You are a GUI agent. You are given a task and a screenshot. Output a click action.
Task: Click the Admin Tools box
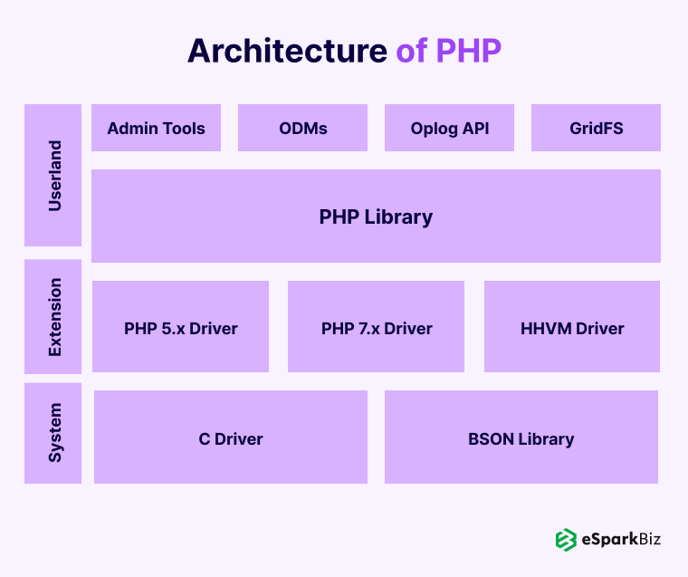click(157, 128)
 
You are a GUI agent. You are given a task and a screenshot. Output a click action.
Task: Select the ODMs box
click(302, 128)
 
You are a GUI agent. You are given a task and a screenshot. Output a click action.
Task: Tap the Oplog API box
click(449, 128)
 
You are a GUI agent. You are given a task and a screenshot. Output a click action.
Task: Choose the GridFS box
click(596, 128)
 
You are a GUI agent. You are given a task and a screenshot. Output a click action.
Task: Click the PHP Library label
click(376, 216)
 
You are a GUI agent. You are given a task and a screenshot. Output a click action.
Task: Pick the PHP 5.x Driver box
click(180, 327)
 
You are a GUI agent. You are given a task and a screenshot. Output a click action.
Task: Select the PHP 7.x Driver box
click(376, 327)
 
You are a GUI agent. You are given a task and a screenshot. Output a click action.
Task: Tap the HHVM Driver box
click(572, 327)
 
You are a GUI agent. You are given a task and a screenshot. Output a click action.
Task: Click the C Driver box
click(231, 437)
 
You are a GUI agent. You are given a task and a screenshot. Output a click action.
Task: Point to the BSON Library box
click(521, 437)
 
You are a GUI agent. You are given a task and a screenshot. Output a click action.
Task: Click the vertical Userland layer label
click(55, 176)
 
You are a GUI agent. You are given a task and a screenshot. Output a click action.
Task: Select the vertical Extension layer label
click(55, 317)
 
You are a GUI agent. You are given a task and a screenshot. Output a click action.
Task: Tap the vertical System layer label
click(55, 433)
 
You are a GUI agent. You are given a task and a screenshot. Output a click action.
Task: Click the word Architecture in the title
click(287, 51)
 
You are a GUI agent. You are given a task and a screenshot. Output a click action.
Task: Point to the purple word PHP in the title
click(469, 51)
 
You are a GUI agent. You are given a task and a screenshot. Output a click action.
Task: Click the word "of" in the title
click(412, 51)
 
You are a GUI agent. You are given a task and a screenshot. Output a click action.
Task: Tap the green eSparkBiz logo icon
click(566, 540)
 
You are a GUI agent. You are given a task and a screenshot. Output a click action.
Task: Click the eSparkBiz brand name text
click(621, 539)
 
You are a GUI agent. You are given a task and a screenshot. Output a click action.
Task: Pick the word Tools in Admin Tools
click(184, 129)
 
